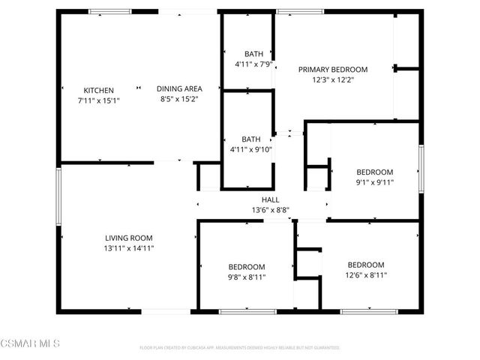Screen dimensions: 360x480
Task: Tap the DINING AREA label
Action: point(179,89)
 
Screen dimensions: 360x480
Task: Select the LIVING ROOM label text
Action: point(130,238)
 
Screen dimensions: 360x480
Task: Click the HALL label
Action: point(270,199)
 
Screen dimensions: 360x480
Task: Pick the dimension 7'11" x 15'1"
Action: point(98,100)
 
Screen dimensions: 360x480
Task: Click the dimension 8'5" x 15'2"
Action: point(179,99)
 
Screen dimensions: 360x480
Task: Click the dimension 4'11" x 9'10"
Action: point(250,149)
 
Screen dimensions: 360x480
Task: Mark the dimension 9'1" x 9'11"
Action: point(374,181)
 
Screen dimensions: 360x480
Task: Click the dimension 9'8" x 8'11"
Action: point(247,277)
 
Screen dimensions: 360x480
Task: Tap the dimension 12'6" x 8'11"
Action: point(365,274)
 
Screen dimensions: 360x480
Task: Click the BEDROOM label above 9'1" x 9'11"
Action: point(374,172)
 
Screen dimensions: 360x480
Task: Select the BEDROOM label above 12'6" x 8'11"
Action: point(365,265)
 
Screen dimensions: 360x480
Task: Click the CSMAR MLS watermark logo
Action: point(30,343)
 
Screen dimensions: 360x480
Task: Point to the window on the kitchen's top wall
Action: point(110,11)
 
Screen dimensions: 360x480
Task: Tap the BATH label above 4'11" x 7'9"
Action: point(253,54)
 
